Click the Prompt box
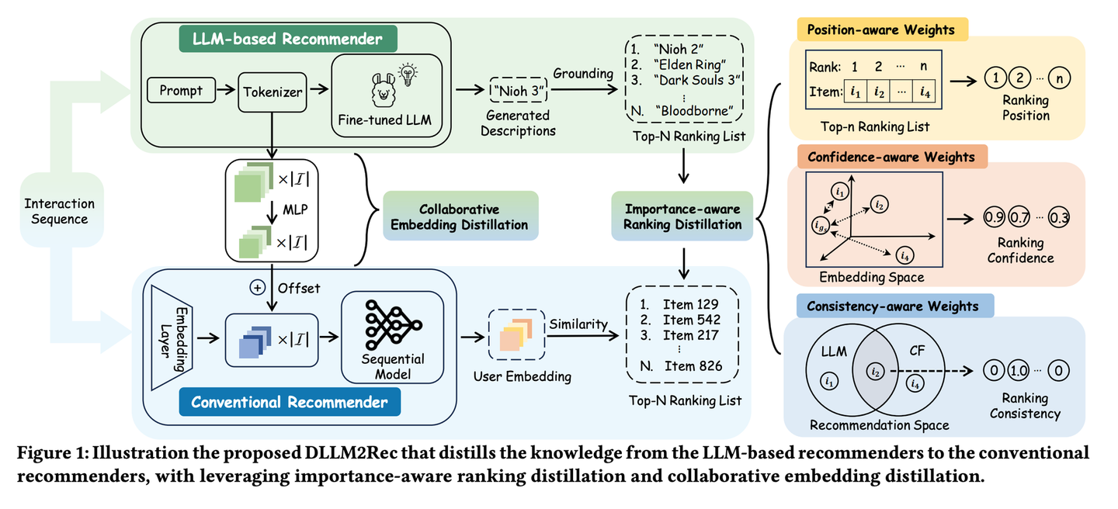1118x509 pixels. point(181,91)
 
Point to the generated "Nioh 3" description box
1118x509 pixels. point(519,91)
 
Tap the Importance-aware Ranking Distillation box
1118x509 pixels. point(682,217)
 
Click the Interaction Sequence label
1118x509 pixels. point(60,211)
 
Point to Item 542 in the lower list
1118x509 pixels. point(691,319)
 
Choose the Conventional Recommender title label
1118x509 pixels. point(289,402)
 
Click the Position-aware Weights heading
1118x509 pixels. point(881,30)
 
